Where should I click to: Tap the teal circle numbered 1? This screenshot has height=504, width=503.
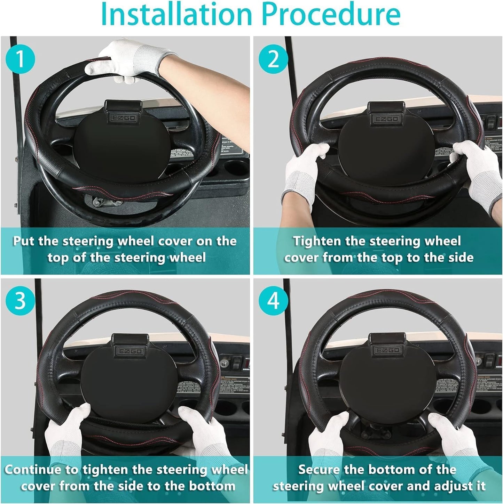pos(21,59)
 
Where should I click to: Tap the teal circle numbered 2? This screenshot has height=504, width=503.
pos(273,59)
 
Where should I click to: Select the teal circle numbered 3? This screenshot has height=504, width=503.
pos(21,300)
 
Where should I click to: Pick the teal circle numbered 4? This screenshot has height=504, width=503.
pos(273,300)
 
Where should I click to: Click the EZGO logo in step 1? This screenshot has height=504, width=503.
pos(124,118)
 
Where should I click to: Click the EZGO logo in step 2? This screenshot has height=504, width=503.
pos(386,119)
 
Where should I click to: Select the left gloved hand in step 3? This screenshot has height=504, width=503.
pos(66,431)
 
